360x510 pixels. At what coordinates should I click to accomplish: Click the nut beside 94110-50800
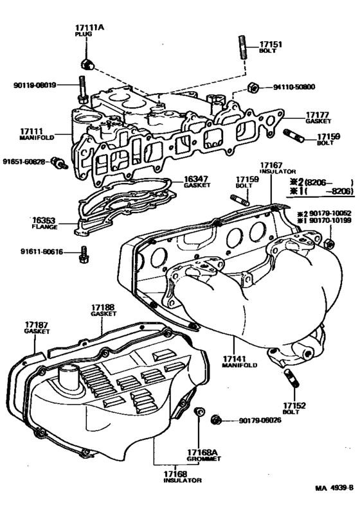click(253, 86)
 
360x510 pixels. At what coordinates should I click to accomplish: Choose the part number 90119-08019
click(33, 84)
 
